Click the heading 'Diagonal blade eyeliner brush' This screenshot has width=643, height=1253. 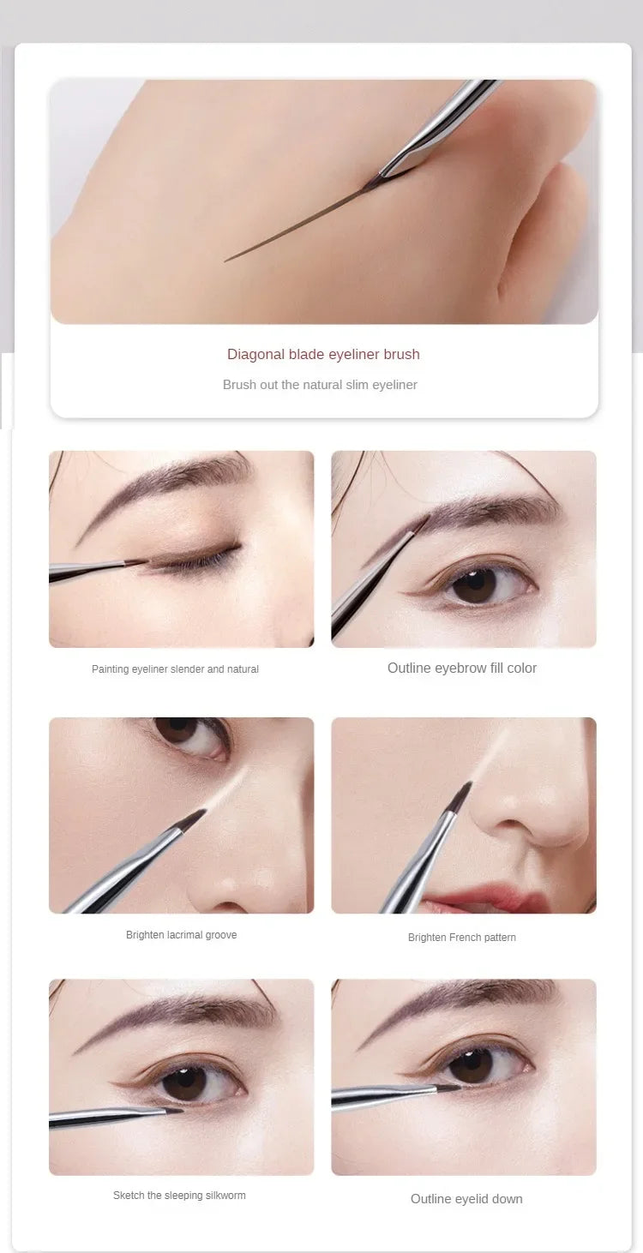[x=323, y=354]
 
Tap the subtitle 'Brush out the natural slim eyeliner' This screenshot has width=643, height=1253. [x=320, y=385]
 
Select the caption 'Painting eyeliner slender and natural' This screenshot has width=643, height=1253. [x=175, y=669]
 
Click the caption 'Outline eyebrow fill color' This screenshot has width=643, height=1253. [x=462, y=668]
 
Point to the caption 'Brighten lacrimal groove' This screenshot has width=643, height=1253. [x=181, y=935]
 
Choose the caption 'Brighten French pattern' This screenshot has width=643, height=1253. [x=462, y=938]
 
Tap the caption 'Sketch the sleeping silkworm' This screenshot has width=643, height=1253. [x=179, y=1196]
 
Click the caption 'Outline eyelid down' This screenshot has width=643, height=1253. [x=466, y=1199]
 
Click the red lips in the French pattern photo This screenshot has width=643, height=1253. [x=497, y=900]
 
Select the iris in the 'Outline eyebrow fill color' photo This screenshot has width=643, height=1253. [x=474, y=585]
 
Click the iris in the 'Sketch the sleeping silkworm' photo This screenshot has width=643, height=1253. [x=185, y=1082]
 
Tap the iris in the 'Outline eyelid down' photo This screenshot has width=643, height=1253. [x=472, y=1064]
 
